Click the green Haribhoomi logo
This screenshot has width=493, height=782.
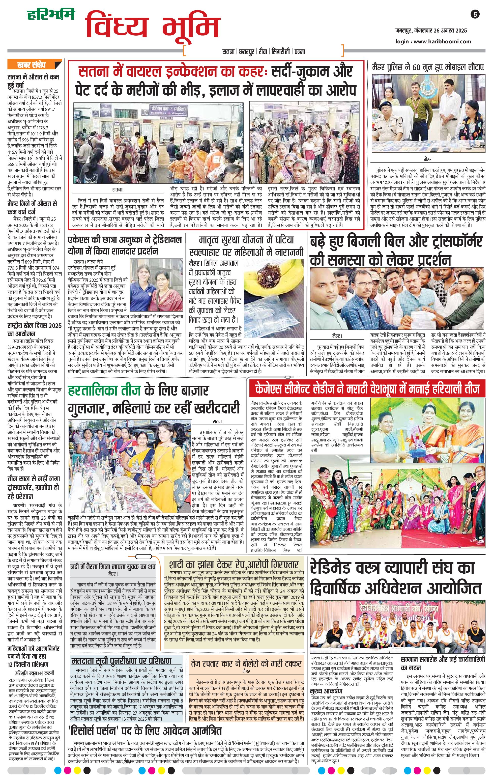51,14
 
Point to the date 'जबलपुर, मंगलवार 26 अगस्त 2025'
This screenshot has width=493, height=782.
431,31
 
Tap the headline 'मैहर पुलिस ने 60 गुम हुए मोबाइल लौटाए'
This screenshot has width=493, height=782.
428,67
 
